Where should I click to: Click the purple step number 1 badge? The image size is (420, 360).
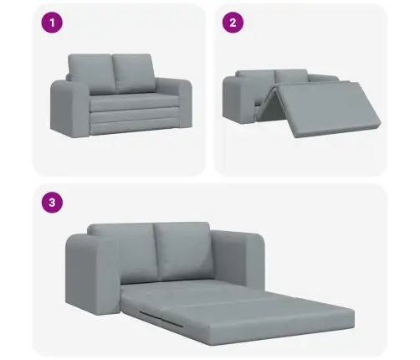coord(52,23)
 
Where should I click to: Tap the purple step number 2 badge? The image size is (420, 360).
coord(233,23)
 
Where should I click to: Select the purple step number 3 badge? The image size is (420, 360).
coord(52,203)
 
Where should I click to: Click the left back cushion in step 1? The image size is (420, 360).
coord(91,74)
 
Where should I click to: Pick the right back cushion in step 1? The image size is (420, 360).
coord(134,73)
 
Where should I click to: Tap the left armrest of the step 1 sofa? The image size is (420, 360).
coord(70,109)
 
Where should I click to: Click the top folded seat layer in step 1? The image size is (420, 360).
coord(134,102)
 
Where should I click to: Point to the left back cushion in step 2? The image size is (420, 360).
coord(255,76)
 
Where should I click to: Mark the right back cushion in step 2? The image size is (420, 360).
coord(291,75)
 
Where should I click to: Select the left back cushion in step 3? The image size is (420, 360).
coord(123,253)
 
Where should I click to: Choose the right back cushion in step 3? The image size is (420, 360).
coord(183,251)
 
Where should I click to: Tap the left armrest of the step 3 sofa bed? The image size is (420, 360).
coord(92,275)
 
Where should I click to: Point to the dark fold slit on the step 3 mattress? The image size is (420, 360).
coord(161,318)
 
